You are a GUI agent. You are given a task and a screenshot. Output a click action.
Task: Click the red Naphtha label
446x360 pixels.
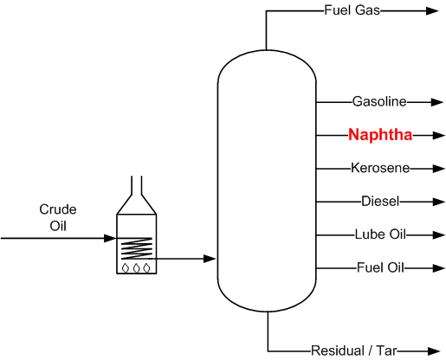(x=380, y=135)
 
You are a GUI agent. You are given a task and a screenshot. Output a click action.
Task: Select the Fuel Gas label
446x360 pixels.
(x=352, y=11)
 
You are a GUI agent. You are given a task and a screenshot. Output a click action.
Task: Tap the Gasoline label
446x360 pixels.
(x=379, y=101)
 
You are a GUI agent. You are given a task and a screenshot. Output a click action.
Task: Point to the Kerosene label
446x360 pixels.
(x=380, y=168)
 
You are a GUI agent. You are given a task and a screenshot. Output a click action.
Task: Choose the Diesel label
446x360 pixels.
(x=380, y=202)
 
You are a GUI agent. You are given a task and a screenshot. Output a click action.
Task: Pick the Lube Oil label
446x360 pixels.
(x=380, y=235)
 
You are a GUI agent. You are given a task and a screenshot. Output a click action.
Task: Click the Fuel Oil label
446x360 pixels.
(x=380, y=267)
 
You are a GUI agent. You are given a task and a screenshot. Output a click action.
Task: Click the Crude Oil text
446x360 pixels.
(x=58, y=217)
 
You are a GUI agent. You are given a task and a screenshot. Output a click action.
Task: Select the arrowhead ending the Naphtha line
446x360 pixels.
(x=439, y=135)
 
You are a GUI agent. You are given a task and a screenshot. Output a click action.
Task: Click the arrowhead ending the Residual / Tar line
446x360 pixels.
(x=434, y=350)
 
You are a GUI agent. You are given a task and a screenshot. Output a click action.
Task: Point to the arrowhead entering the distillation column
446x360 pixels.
(x=209, y=258)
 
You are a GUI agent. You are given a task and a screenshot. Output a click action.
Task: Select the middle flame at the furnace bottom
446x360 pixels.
(x=137, y=267)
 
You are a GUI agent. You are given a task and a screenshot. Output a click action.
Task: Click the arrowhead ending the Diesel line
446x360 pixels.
(x=439, y=202)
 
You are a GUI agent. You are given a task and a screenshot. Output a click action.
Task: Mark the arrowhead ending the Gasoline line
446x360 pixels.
(x=439, y=101)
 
